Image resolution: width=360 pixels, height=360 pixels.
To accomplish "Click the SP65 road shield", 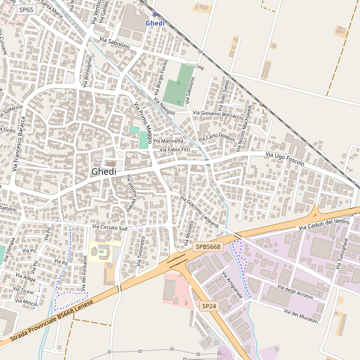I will [x=25, y=10].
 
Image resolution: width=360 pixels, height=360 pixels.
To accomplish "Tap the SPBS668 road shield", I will [x=208, y=247].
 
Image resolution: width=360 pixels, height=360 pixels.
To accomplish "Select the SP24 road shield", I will [x=208, y=306].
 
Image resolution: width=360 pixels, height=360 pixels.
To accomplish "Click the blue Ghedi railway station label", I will [x=155, y=23].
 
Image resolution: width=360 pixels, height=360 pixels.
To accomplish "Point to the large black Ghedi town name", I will [x=104, y=172].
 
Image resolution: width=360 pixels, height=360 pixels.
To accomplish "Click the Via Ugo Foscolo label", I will [x=285, y=159].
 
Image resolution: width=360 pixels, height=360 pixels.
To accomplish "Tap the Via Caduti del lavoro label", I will [x=324, y=224].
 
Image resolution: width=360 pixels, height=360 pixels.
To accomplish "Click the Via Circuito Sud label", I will [x=110, y=228].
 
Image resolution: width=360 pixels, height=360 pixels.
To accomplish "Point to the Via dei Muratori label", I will [x=301, y=317].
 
